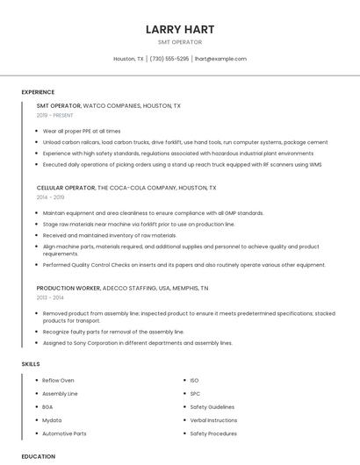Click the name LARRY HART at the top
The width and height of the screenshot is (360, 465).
[x=180, y=29]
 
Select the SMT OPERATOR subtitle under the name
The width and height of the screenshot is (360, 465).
[x=180, y=42]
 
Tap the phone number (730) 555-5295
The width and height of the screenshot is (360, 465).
[x=169, y=59]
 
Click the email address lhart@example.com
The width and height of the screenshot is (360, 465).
[x=220, y=59]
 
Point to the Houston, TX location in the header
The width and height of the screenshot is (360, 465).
[x=128, y=59]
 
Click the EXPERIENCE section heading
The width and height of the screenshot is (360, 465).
[x=38, y=92]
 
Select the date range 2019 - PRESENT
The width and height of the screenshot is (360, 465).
[x=55, y=115]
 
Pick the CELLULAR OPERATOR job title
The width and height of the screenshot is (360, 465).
[x=66, y=188]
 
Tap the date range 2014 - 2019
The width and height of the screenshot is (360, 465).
[x=50, y=197]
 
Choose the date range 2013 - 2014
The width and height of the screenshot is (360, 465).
[x=50, y=297]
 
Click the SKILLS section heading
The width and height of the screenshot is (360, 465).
[x=31, y=363]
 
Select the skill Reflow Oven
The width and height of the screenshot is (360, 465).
[x=58, y=381]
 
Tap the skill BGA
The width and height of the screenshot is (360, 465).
[x=47, y=407]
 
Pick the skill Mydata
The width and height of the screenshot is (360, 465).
[x=52, y=420]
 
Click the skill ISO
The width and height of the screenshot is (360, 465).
[x=194, y=381]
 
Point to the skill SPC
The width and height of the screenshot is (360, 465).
[x=195, y=394]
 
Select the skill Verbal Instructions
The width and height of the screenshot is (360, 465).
[x=213, y=420]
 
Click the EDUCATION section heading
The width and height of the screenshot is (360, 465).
[x=38, y=456]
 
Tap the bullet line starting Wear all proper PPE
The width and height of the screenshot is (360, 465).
[x=82, y=131]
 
